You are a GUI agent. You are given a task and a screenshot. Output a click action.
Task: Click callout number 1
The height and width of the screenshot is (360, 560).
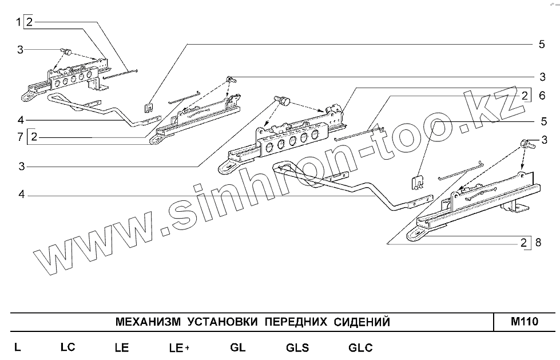coord(18,22)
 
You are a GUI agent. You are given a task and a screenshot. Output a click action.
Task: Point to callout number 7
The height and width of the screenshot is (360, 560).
coord(19,137)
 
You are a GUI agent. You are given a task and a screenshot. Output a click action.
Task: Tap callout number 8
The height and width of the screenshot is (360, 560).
coord(538,242)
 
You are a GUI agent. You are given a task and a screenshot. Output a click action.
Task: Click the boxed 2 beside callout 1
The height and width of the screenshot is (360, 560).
coord(29,22)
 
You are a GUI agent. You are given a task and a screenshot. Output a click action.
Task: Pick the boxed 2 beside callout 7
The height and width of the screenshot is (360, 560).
coord(34,137)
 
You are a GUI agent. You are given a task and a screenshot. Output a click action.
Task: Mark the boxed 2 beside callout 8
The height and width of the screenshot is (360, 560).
coord(524,242)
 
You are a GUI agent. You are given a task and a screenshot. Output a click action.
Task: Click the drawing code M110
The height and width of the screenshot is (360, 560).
coord(525,322)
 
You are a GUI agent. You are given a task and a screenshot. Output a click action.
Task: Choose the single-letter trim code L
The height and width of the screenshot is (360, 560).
coord(18,347)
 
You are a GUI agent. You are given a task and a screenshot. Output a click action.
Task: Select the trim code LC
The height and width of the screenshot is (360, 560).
coord(67,347)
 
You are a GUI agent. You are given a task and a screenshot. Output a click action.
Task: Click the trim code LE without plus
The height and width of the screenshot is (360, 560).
coord(121,347)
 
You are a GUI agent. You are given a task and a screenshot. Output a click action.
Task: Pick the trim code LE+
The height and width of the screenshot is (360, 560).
coord(179,347)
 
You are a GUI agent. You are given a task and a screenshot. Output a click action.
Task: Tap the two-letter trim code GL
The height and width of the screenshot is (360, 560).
coord(238,347)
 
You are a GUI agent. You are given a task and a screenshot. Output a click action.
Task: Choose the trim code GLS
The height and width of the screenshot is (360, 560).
coord(297,347)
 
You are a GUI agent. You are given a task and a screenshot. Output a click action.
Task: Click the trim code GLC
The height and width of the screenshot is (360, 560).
coord(360,347)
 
